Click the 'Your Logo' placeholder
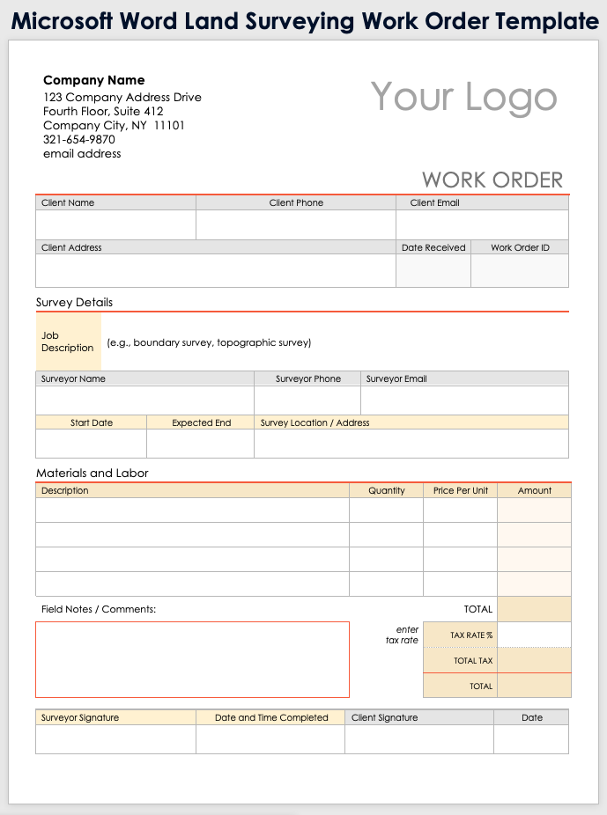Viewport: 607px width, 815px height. [x=463, y=97]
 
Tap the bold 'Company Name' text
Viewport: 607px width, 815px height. [x=94, y=80]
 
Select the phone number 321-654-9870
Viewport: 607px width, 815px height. [x=79, y=139]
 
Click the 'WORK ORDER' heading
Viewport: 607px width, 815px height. [x=492, y=180]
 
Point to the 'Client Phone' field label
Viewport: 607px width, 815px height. [x=296, y=202]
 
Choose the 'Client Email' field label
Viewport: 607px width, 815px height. [x=434, y=202]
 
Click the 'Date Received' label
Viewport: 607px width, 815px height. [x=433, y=247]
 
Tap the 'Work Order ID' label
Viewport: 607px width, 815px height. [x=520, y=247]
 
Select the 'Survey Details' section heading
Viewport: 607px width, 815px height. [x=75, y=302]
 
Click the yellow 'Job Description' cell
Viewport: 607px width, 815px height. [x=68, y=341]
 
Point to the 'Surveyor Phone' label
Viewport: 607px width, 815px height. [x=308, y=378]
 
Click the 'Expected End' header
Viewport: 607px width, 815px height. [x=201, y=422]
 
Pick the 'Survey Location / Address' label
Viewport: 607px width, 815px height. [x=315, y=422]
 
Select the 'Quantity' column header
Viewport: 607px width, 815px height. [x=387, y=490]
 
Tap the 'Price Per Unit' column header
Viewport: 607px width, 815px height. [x=461, y=490]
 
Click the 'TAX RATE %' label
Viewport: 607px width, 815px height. [x=471, y=635]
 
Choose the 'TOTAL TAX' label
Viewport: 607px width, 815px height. [x=473, y=661]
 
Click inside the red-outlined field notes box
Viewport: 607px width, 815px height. [x=192, y=659]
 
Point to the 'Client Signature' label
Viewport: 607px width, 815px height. [x=385, y=717]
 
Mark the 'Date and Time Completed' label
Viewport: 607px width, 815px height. [x=271, y=717]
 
